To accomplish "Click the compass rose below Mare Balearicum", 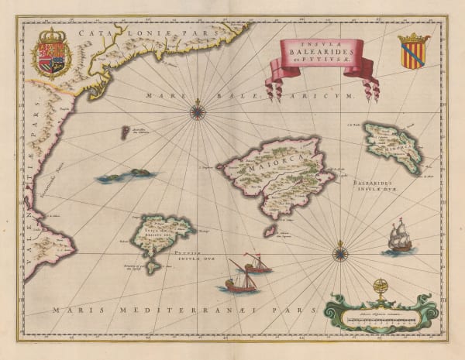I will pos(198,111).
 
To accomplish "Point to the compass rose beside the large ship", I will pos(339,252).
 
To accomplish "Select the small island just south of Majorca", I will pos(269,230).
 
